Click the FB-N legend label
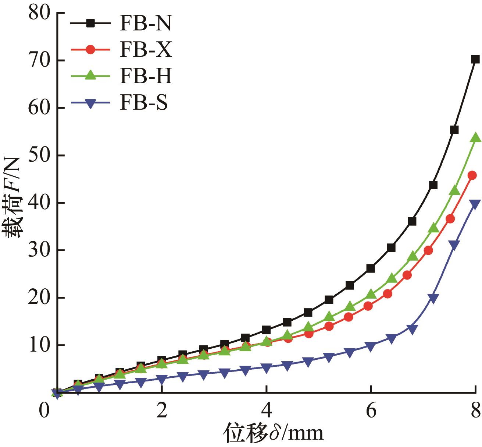pyautogui.click(x=145, y=24)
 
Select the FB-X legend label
pyautogui.click(x=145, y=50)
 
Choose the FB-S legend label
pyautogui.click(x=143, y=103)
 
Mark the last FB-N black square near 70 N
pyautogui.click(x=475, y=59)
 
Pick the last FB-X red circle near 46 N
pyautogui.click(x=472, y=175)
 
